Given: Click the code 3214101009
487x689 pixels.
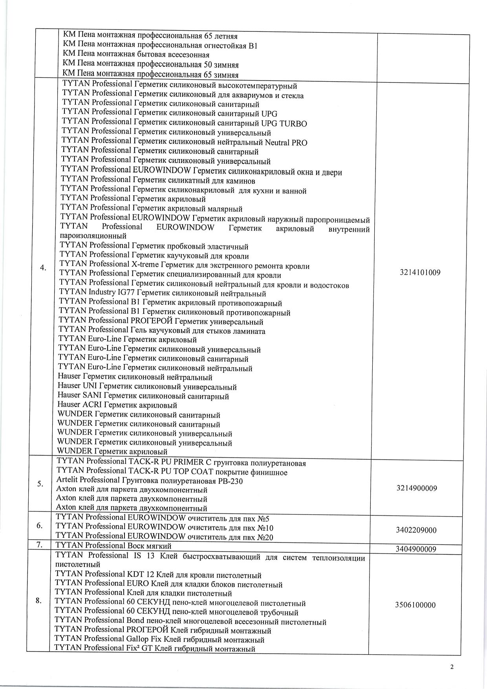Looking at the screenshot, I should coord(420,273).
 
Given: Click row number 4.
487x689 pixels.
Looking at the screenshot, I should coord(43,268).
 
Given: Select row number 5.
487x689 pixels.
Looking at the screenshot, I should coord(40,484).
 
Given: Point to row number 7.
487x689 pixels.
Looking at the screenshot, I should coord(39,545).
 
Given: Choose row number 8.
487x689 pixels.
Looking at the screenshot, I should coord(38,601).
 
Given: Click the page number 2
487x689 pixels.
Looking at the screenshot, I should coord(452,667).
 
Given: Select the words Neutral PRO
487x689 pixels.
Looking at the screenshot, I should coord(286,143).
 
